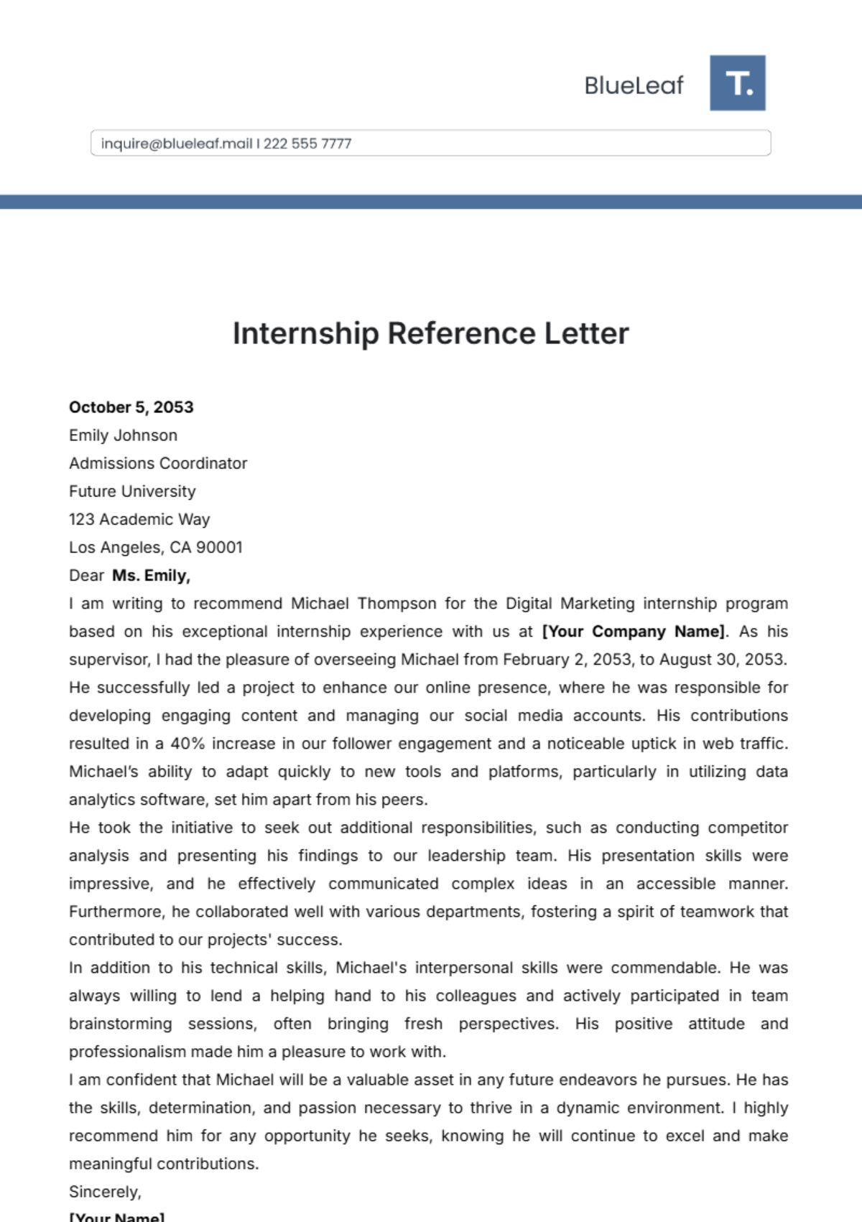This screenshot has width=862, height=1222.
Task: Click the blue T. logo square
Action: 737,83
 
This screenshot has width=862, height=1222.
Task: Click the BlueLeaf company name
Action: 634,85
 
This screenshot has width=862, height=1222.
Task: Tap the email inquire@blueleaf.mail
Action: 177,144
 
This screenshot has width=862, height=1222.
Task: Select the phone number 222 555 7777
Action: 307,144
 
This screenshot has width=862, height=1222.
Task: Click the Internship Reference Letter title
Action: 430,333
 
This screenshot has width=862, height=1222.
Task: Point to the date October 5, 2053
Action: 131,407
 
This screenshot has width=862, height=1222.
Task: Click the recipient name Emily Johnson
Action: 123,435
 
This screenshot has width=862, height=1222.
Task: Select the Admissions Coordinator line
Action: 158,463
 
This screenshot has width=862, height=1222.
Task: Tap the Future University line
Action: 132,491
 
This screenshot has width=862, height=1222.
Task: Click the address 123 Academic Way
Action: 139,519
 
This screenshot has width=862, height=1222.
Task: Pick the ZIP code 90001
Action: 219,547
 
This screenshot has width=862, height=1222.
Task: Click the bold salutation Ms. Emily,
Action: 151,575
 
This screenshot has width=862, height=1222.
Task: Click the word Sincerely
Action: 104,1192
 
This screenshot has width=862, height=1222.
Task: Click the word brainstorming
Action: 121,1024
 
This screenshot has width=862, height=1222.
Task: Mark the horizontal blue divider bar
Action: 431,202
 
